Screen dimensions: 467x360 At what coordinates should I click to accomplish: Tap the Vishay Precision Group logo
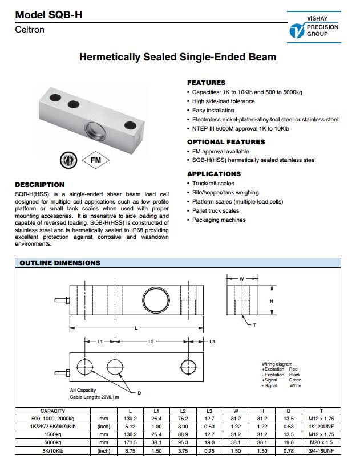tap(314, 27)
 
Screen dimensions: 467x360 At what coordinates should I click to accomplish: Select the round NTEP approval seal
tap(67, 160)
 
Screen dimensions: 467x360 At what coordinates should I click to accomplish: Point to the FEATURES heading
tap(206, 83)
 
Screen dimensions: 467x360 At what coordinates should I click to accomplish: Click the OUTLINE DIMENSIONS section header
tap(60, 263)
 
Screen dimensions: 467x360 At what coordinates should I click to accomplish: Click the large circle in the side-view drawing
tap(156, 298)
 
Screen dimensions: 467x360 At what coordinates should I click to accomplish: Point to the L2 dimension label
tap(151, 342)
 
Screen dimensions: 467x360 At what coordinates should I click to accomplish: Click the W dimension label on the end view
tap(242, 279)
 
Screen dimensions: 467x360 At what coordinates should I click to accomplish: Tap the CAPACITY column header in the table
tap(53, 411)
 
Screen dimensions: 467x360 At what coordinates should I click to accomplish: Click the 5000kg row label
tap(53, 442)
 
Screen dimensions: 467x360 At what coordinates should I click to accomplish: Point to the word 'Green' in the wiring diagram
tap(295, 380)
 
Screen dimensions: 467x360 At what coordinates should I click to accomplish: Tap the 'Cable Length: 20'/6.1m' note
tap(94, 397)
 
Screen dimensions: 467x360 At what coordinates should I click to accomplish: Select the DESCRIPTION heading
tap(39, 185)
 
